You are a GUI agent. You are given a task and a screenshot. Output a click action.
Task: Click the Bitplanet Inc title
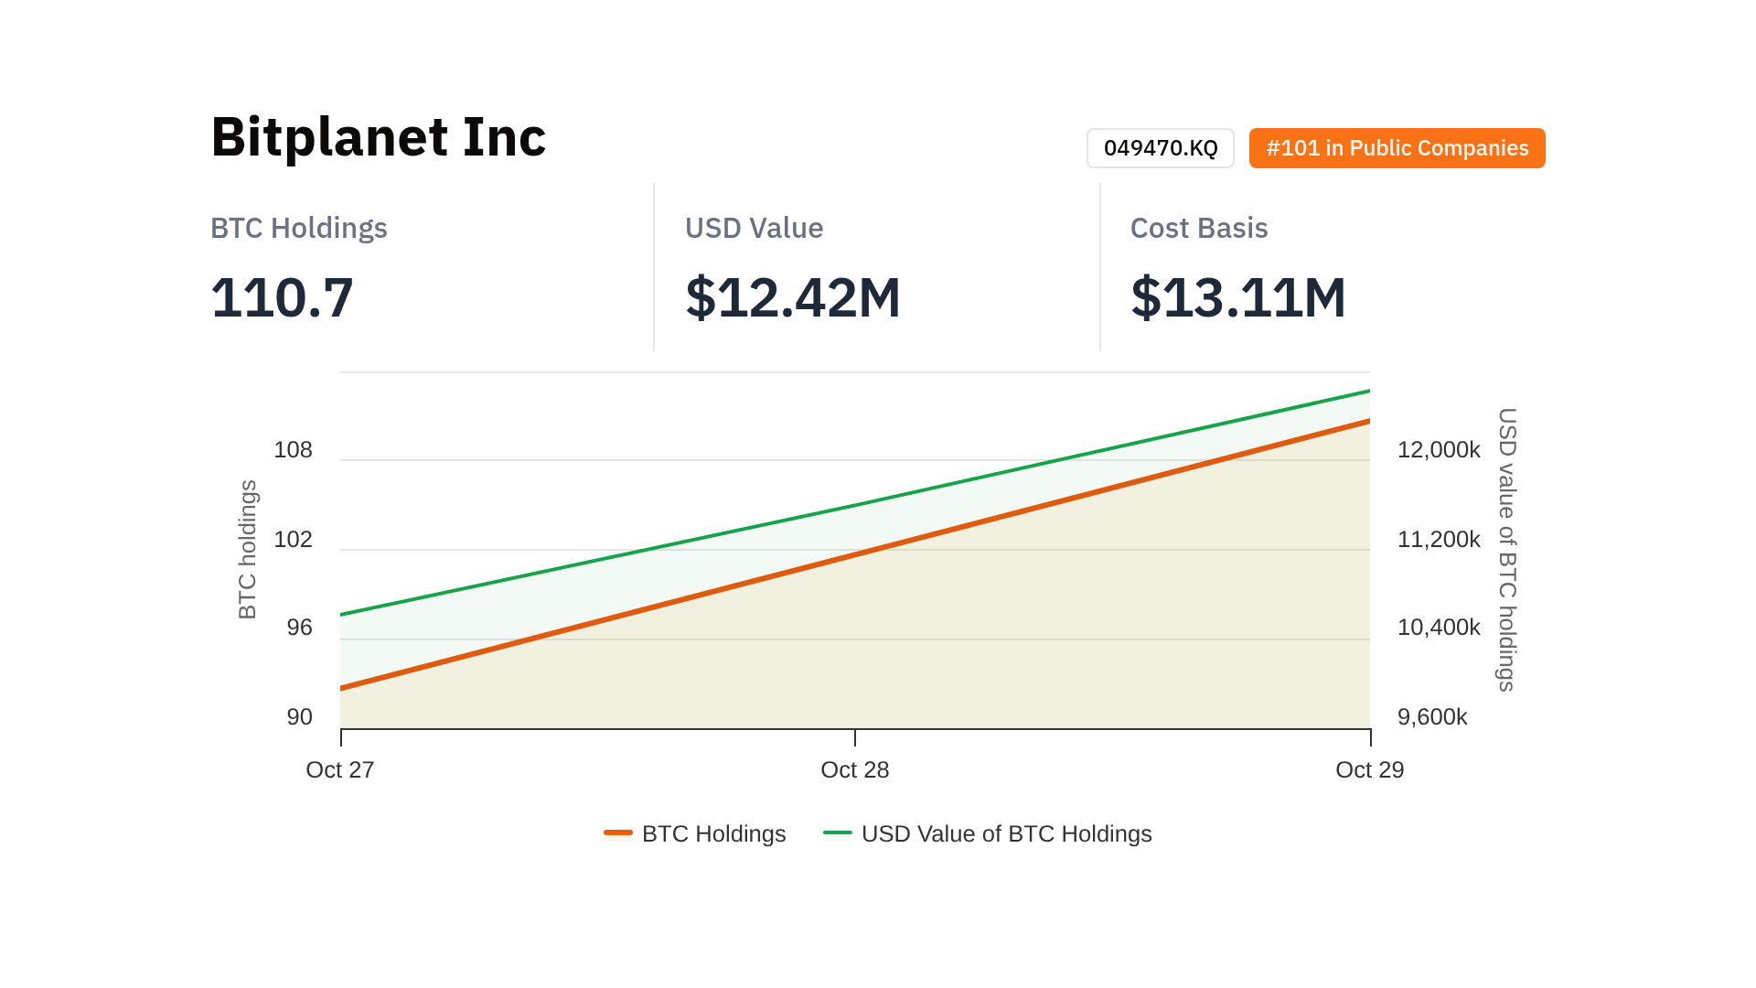378,137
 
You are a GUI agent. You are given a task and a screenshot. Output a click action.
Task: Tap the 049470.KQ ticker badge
1160,148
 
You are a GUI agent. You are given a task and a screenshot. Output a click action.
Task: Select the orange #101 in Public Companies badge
1397,148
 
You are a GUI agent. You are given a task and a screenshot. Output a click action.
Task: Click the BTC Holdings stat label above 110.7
298,228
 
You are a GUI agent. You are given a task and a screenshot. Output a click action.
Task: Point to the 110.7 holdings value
282,297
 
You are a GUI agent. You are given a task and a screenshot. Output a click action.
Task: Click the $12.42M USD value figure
792,297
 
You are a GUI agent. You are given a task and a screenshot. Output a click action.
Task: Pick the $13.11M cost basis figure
1237,297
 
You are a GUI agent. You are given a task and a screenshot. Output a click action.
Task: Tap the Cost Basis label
1198,228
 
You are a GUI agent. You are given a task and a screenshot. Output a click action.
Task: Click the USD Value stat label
754,228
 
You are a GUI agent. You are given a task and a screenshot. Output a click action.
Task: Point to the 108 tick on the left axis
293,450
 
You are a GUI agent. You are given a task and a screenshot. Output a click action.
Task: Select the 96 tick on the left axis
299,628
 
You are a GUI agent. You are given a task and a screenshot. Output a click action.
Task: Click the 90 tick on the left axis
299,717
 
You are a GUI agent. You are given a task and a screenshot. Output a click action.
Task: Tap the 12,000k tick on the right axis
1438,450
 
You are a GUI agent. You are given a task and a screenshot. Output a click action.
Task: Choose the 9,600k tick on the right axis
1431,717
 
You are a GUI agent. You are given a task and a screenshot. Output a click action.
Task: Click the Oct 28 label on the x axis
854,770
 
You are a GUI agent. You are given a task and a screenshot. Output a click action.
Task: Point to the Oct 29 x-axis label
1369,770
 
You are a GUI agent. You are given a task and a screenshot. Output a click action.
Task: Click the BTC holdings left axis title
247,549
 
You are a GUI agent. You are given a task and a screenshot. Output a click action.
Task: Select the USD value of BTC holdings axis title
1506,549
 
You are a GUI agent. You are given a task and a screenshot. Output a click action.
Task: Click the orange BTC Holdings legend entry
695,834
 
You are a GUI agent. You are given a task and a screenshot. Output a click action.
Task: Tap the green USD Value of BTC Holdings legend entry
988,834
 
